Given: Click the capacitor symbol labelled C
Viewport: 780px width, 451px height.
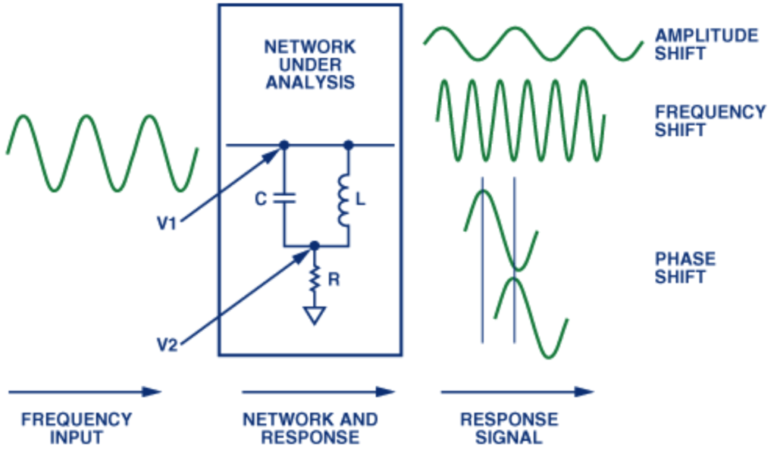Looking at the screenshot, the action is [x=284, y=199].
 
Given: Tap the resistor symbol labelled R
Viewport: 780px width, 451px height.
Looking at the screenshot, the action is [x=314, y=279].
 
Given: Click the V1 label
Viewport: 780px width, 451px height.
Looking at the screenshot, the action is [x=167, y=223].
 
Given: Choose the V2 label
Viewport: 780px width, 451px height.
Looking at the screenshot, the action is [x=167, y=345].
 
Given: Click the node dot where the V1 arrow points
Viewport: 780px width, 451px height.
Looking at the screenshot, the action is [x=284, y=145].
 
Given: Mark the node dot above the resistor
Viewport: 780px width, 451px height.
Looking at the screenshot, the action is [x=314, y=246].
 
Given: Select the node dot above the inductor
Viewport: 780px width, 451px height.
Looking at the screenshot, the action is [x=348, y=145].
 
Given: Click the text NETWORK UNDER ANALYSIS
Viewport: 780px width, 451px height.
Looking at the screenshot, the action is [x=310, y=65].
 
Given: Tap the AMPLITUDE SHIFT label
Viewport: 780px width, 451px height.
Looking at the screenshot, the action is [x=706, y=44].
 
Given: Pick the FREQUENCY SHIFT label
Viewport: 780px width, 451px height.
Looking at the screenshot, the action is [x=711, y=121].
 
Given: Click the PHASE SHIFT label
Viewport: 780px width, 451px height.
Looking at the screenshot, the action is [x=685, y=268].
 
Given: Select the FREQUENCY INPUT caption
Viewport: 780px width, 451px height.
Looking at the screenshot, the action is [x=77, y=429].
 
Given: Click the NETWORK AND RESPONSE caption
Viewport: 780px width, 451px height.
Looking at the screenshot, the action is [x=310, y=429].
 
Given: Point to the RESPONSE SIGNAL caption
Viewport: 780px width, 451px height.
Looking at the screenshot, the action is [x=509, y=429].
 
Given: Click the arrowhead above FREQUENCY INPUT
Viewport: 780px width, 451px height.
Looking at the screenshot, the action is [x=152, y=392].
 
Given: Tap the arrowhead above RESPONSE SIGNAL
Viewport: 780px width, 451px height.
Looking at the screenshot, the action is [x=584, y=392].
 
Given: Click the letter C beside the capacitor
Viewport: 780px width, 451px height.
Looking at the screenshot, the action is [x=261, y=199].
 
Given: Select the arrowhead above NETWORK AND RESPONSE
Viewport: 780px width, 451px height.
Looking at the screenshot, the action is [x=385, y=392].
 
